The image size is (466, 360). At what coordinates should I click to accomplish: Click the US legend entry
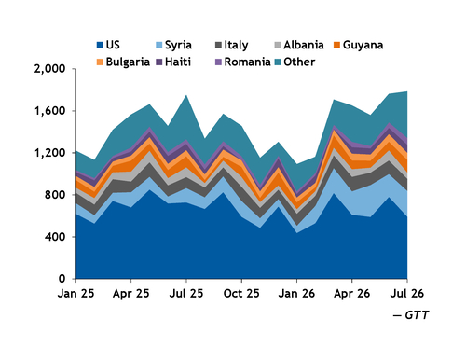pos(108,45)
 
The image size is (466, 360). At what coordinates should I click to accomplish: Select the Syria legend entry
pos(173,45)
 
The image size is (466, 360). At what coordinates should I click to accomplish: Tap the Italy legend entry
pos(231,46)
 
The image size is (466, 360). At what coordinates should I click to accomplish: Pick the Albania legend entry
pos(299,45)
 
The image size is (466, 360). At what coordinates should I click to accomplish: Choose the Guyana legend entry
pos(358,46)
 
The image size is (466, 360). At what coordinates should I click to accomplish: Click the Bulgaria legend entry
pos(123,62)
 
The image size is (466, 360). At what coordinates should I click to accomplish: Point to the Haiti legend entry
pos(173,62)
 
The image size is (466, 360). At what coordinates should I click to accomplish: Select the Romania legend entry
pos(243,62)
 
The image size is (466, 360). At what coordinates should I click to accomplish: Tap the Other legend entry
pos(295,62)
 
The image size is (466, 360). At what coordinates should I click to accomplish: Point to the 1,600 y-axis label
pos(50,111)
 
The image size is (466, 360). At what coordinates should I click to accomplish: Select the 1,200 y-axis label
pos(50,153)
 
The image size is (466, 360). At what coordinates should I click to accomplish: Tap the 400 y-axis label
pos(55,237)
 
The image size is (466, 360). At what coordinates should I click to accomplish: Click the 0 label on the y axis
pos(62,279)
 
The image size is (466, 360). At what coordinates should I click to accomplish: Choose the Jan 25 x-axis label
pos(75,294)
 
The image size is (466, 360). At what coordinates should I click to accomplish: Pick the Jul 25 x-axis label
pos(186,294)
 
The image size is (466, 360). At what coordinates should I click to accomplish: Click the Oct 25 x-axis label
pos(241,294)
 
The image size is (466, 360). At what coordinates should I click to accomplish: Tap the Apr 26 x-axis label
pos(352,294)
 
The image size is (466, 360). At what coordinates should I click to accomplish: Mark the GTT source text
pos(411,315)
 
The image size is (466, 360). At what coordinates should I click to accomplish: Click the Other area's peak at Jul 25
pos(186,95)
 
